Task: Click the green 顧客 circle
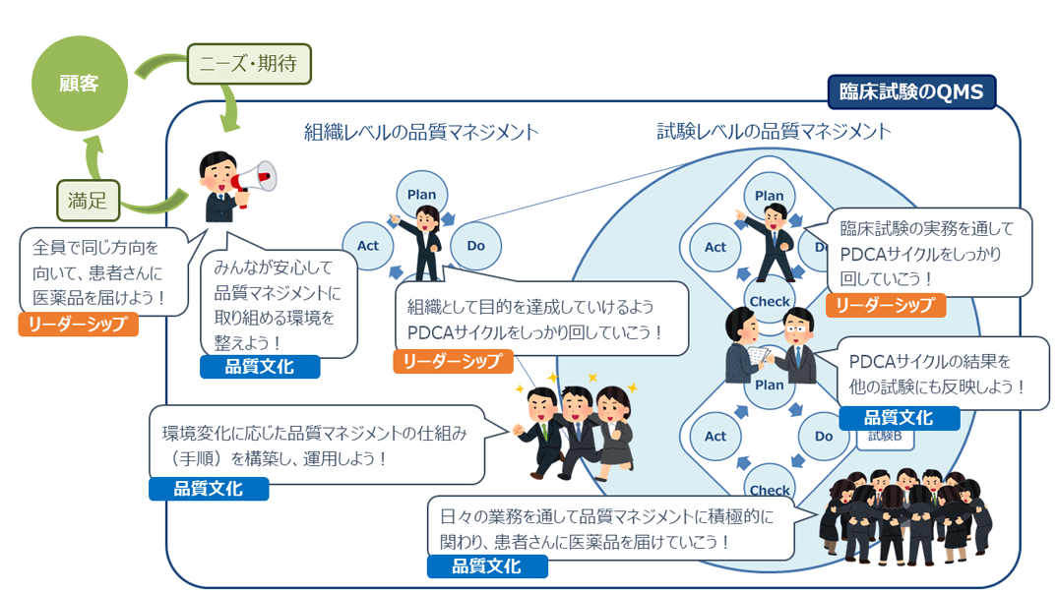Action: (x=79, y=84)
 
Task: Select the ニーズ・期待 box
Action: (x=248, y=65)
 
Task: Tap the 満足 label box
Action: (x=88, y=202)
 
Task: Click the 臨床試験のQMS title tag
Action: (x=911, y=92)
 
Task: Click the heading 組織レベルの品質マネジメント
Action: (x=420, y=132)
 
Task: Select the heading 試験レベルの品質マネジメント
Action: (x=774, y=131)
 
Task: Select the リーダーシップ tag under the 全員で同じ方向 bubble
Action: (x=79, y=325)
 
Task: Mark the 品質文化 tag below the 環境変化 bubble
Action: (x=207, y=488)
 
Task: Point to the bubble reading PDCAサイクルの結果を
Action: (x=943, y=373)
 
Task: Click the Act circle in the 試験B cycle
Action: (x=715, y=436)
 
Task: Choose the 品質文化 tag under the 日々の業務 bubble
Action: (x=486, y=566)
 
